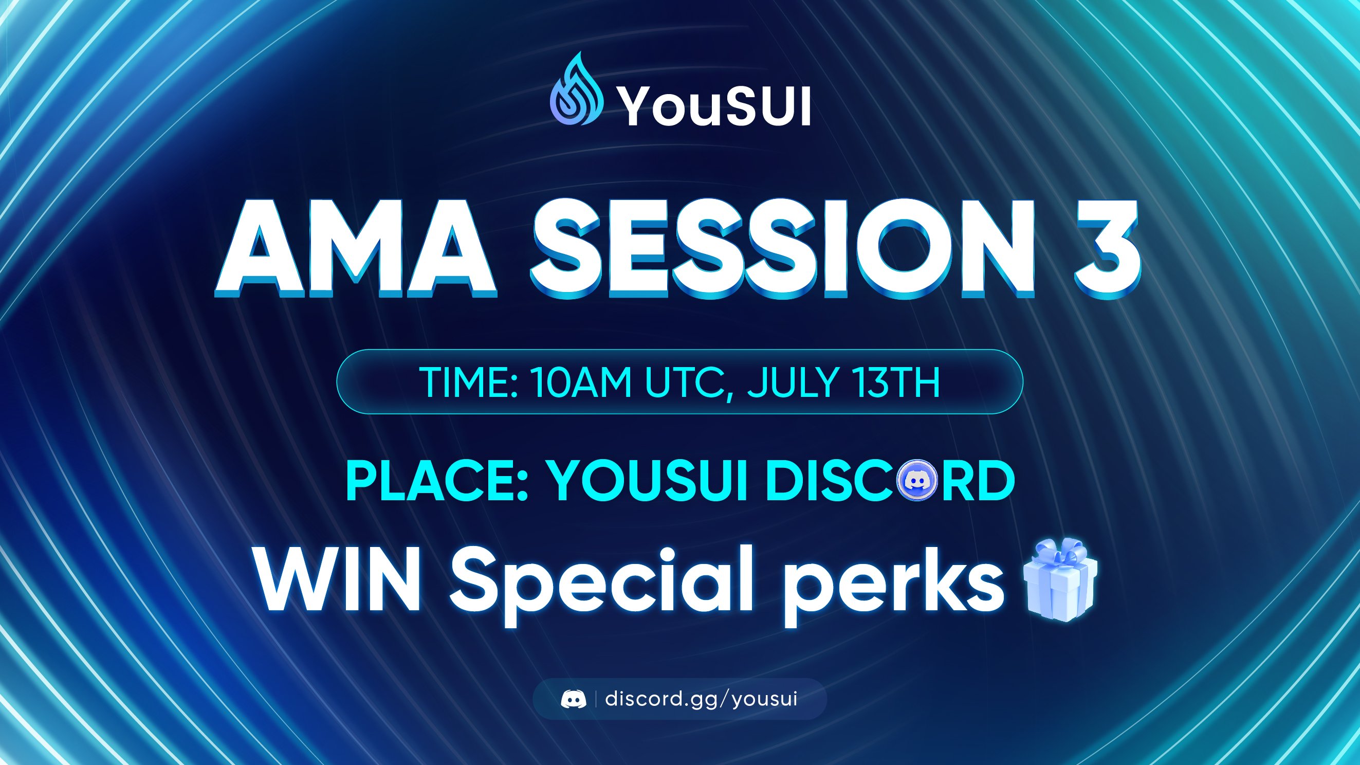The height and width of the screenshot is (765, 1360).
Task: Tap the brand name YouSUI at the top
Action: tap(715, 106)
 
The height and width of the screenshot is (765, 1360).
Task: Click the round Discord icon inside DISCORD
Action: tap(917, 480)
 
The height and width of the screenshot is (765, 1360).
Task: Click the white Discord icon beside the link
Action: tap(573, 699)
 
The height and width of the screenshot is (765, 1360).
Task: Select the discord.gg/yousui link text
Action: tap(701, 699)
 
